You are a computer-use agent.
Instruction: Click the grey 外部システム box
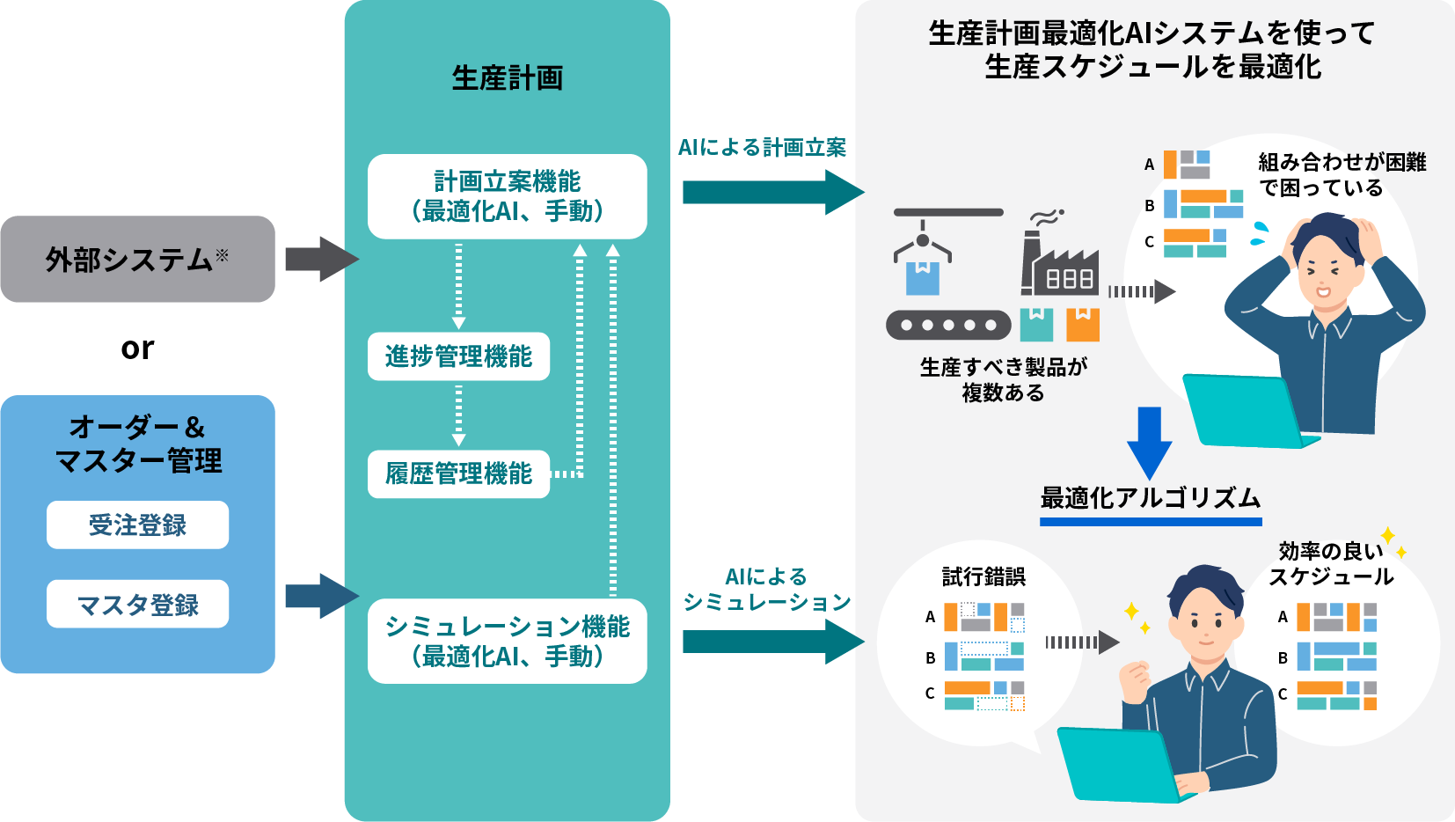pyautogui.click(x=137, y=259)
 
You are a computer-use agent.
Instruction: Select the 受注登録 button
pyautogui.click(x=137, y=525)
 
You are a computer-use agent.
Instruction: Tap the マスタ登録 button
pyautogui.click(x=137, y=605)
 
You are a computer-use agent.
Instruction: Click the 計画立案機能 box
pyautogui.click(x=507, y=196)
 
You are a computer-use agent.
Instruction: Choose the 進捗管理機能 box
pyautogui.click(x=458, y=356)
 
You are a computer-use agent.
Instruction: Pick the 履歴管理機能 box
pyautogui.click(x=458, y=474)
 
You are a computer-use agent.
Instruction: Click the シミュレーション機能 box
pyautogui.click(x=507, y=641)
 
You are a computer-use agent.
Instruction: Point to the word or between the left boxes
pyautogui.click(x=137, y=349)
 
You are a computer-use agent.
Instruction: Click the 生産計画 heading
pyautogui.click(x=507, y=78)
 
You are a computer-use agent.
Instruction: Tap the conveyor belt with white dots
pyautogui.click(x=948, y=325)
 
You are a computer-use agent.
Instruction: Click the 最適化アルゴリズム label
pyautogui.click(x=1150, y=498)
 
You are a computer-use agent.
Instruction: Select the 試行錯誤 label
pyautogui.click(x=983, y=576)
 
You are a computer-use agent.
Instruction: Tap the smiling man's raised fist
pyautogui.click(x=1135, y=681)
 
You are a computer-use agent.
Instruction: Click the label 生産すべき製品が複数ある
pyautogui.click(x=1003, y=379)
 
